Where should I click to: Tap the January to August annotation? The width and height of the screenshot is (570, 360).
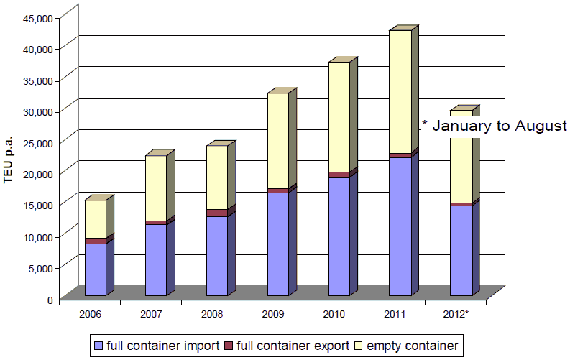(x=494, y=126)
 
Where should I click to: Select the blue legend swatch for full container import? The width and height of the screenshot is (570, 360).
(x=99, y=346)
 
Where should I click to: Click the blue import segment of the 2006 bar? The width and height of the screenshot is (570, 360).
(x=95, y=269)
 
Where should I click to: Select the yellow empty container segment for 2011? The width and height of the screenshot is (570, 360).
(x=400, y=92)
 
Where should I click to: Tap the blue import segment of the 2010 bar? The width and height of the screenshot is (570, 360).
(x=339, y=236)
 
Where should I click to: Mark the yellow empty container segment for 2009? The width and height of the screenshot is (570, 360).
(x=278, y=141)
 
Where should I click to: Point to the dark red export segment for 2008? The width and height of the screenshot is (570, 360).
(x=217, y=213)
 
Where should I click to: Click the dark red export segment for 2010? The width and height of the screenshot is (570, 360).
(x=339, y=175)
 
